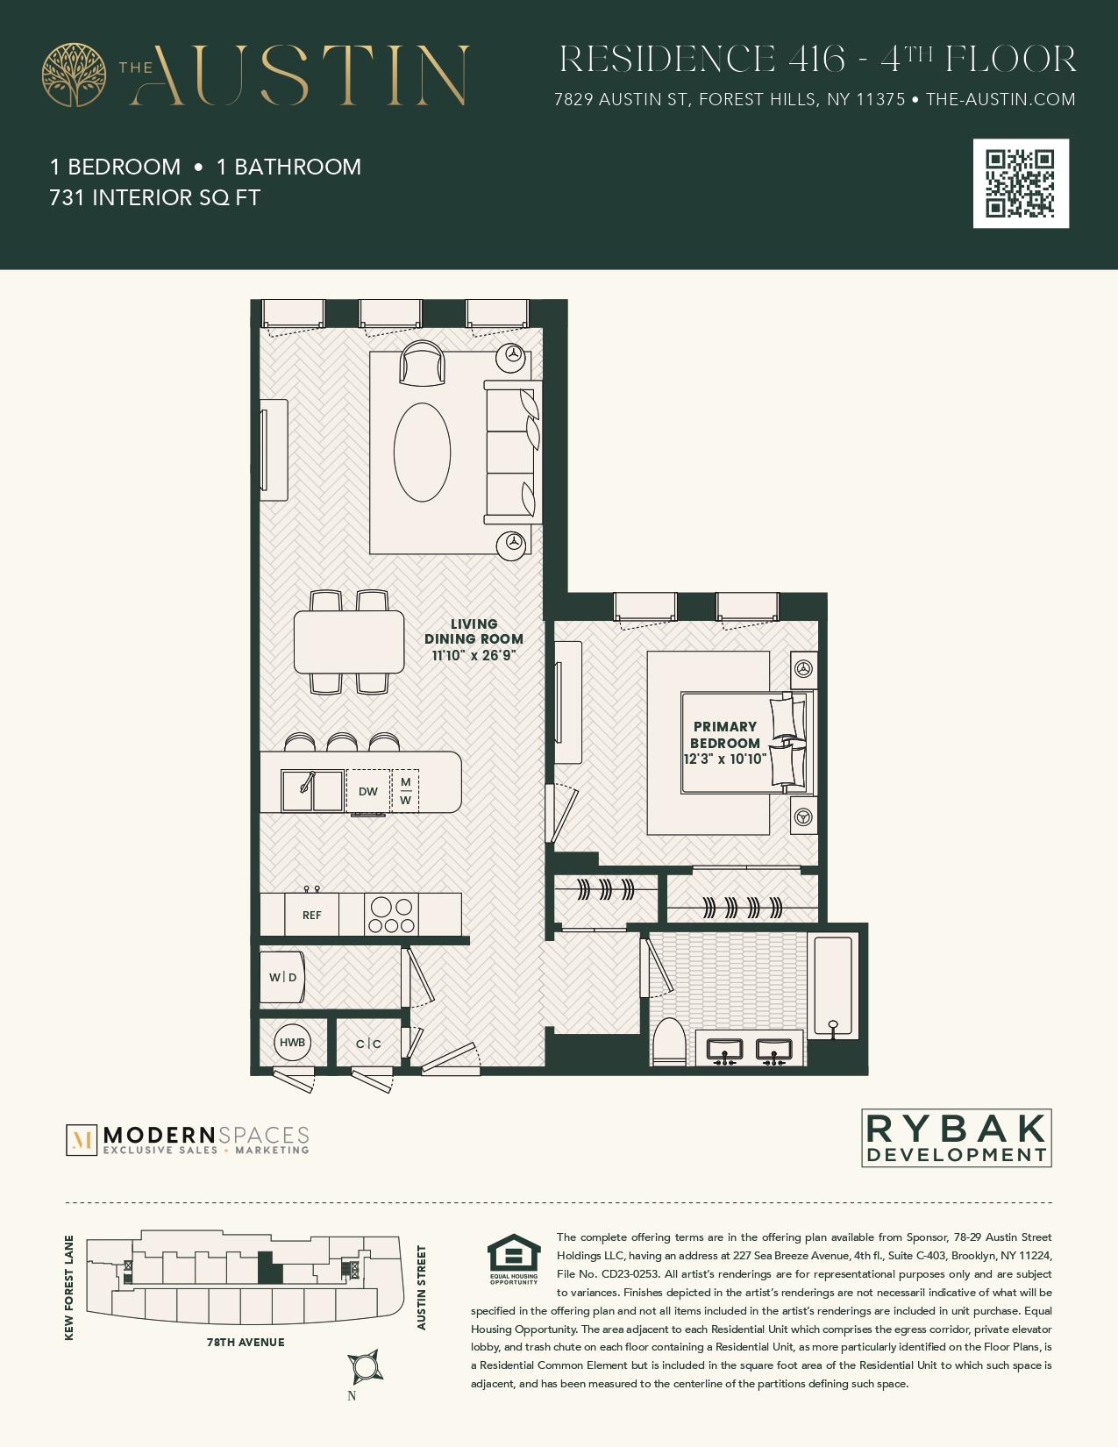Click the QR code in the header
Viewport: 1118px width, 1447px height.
pos(1021,183)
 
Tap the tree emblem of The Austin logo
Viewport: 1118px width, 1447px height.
pos(74,75)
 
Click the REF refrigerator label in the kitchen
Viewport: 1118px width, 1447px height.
pos(311,915)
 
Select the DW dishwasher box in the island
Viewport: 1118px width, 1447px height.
pos(368,791)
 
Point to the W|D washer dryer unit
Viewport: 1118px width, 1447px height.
pos(282,977)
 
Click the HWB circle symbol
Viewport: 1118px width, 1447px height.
pos(292,1042)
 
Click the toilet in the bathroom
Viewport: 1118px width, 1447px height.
pos(670,1042)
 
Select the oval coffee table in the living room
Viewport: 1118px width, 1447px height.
pos(422,452)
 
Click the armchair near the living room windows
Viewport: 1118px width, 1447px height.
pos(422,362)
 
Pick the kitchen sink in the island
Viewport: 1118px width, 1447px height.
pos(312,790)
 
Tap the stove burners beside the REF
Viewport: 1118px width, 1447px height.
pos(391,916)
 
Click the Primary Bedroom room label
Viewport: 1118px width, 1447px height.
pos(724,735)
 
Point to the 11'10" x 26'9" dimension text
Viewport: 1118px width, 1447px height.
pos(474,655)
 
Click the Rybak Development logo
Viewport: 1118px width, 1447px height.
pos(956,1138)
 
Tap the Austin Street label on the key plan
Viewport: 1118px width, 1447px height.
pos(422,1287)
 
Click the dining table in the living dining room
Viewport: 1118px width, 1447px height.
pos(349,641)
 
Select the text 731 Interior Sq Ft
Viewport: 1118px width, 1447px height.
pos(155,197)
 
